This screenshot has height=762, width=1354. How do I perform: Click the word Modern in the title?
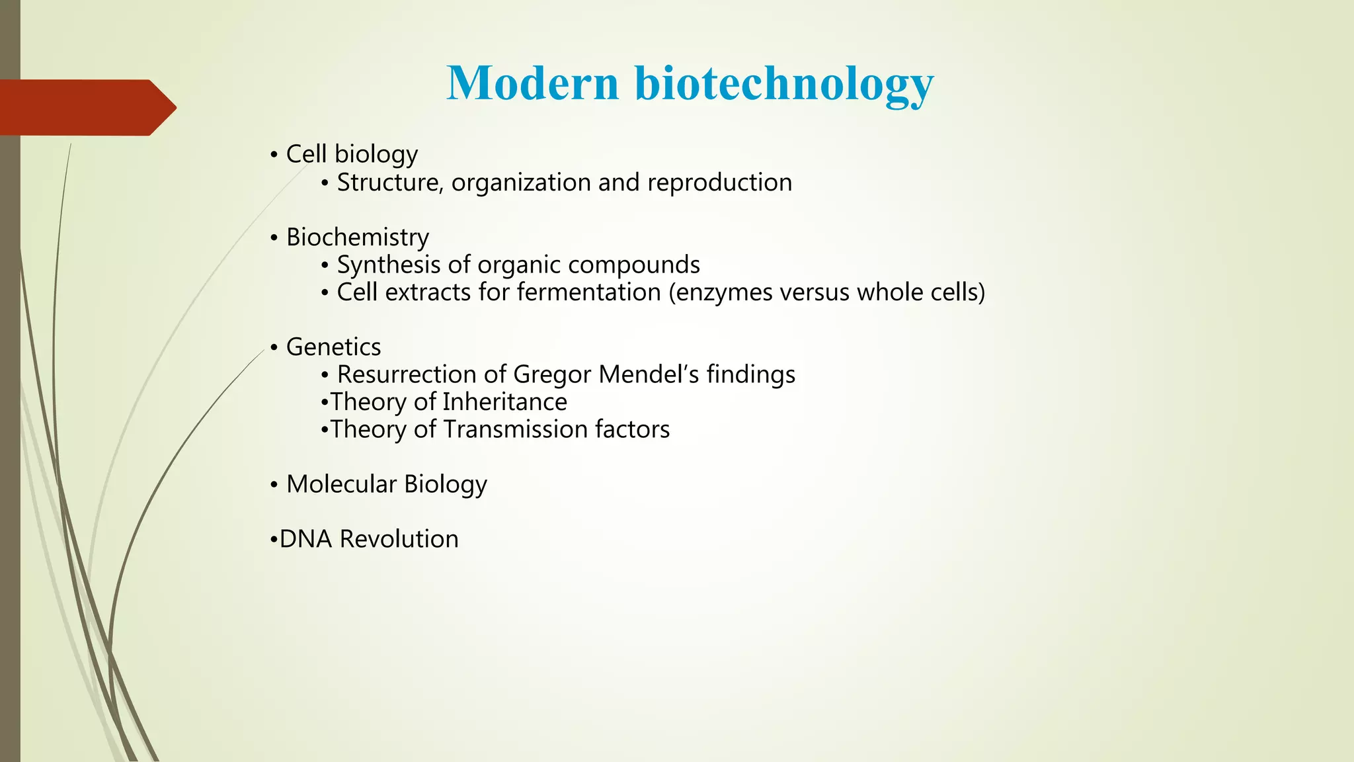(x=532, y=83)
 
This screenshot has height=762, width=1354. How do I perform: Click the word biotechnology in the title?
(x=784, y=85)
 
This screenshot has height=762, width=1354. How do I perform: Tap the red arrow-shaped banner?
(x=86, y=107)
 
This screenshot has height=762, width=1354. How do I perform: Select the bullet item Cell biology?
(x=352, y=154)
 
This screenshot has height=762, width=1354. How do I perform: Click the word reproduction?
(x=719, y=183)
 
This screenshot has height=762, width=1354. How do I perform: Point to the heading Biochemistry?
(x=357, y=237)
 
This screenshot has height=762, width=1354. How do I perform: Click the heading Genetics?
(x=333, y=347)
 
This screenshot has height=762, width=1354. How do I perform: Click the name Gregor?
(x=553, y=375)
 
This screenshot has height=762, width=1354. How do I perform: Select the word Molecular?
(x=341, y=484)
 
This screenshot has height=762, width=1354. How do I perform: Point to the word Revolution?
(x=399, y=539)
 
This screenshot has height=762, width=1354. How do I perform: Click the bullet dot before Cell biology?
(x=274, y=155)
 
